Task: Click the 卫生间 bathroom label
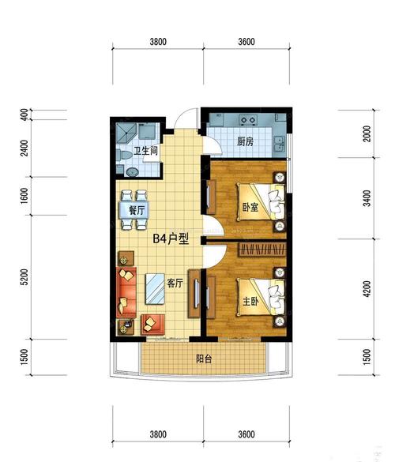[145, 151]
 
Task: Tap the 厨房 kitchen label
[245, 141]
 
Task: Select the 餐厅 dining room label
[137, 210]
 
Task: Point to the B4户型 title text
[171, 239]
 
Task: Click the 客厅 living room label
[175, 284]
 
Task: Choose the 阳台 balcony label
[204, 359]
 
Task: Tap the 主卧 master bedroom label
[250, 301]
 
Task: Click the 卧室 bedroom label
[250, 208]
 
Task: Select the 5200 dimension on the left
[24, 277]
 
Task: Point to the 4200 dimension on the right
[367, 289]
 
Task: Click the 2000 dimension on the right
[367, 133]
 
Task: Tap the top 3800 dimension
[158, 42]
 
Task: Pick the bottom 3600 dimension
[246, 434]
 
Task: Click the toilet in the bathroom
[124, 155]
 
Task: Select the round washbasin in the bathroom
[132, 172]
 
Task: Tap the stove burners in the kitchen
[248, 120]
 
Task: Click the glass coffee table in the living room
[155, 289]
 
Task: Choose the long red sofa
[126, 292]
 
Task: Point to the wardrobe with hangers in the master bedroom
[262, 250]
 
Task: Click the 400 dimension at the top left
[24, 115]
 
